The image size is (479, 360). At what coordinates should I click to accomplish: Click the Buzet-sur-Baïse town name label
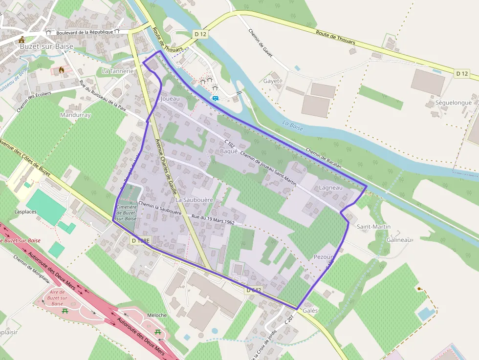tap(47, 46)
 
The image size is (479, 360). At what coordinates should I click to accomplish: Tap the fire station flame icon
tap(62, 70)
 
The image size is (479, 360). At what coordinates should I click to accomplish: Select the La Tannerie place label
tap(117, 71)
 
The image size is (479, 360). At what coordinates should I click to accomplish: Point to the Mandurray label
tap(75, 115)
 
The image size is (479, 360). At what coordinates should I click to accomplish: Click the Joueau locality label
tap(170, 99)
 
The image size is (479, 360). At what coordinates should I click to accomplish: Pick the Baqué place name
tap(229, 151)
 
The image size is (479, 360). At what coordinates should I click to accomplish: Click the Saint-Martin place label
tap(373, 227)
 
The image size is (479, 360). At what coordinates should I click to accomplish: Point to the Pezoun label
tap(324, 257)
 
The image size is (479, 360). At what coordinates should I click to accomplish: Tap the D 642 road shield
tap(254, 290)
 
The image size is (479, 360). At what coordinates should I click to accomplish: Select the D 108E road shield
tap(140, 241)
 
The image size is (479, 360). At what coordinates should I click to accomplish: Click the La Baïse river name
tap(293, 126)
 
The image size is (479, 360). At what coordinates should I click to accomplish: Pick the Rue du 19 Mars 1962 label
tap(214, 219)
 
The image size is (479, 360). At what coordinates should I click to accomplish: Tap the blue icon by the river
tap(215, 98)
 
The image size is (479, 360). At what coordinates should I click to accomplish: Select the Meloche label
tap(157, 315)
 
